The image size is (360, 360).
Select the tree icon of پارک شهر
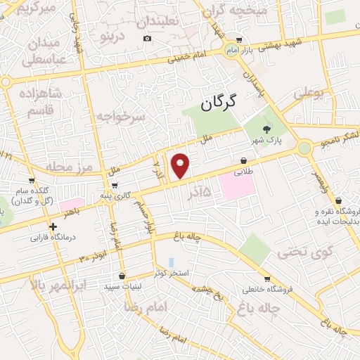[266, 129]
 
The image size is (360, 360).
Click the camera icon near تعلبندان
[147, 37]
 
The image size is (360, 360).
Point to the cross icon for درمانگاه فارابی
[53, 226]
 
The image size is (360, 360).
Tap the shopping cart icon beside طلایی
[243, 160]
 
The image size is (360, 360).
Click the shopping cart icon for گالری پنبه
[114, 186]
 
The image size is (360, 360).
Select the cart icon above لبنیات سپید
[124, 276]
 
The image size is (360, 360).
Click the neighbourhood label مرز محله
[70, 167]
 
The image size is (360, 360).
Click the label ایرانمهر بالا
[60, 285]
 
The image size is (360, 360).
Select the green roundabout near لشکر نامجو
[304, 148]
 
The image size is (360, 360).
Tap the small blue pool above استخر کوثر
[171, 262]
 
